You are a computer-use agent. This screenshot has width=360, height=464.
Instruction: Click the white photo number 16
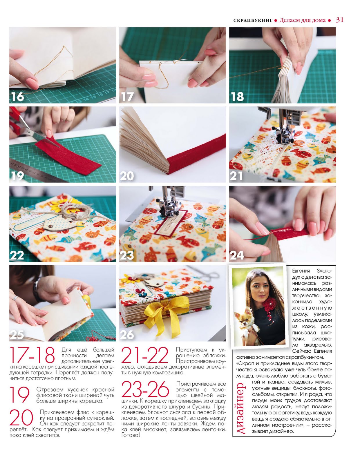[17, 97]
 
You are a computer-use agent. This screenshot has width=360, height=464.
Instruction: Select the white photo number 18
[237, 97]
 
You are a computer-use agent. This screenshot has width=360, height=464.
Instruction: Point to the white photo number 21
[236, 176]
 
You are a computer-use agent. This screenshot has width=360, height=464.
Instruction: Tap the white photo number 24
[237, 255]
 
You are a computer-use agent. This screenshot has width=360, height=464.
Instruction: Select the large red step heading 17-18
[32, 355]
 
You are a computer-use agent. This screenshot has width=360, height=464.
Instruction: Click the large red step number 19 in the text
[19, 395]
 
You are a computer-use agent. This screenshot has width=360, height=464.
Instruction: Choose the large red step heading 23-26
[145, 389]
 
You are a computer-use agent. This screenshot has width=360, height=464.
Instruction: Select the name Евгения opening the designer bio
[301, 271]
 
